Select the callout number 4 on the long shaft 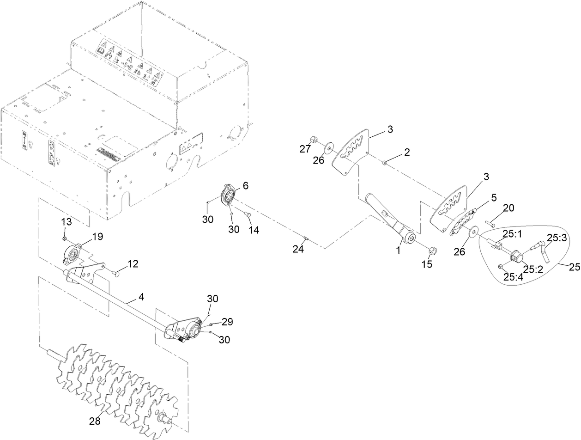141,297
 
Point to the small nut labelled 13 66,238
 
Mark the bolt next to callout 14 246,214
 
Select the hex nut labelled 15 433,251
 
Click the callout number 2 407,153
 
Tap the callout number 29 227,321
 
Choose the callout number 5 494,197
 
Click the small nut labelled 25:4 501,267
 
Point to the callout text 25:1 512,235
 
